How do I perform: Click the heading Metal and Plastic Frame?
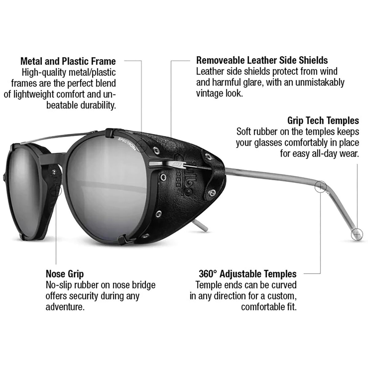68,61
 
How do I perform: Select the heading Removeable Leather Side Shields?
262,60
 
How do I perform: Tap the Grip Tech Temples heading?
323,120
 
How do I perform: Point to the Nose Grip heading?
65,274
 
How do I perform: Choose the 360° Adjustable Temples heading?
247,274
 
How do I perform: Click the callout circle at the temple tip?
357,234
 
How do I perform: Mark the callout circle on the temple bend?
320,187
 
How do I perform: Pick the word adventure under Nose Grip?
65,307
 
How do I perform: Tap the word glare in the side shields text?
252,82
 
